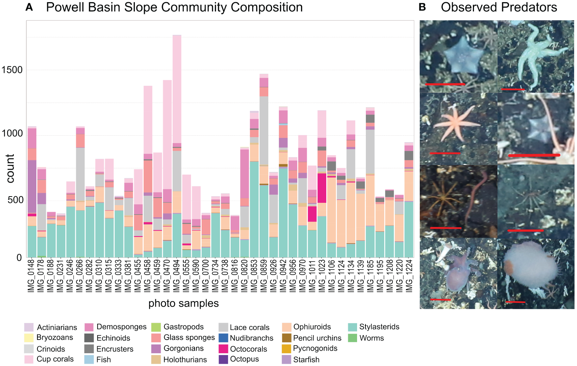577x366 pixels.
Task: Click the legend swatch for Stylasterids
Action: [x=352, y=327]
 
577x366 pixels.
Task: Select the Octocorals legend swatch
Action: [x=223, y=349]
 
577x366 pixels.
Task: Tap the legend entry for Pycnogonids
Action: [x=286, y=349]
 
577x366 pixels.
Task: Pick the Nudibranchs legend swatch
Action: [x=223, y=338]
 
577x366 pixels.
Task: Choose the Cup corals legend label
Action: [x=55, y=359]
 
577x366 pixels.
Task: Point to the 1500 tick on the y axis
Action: [x=12, y=70]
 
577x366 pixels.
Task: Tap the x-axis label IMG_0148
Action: [x=32, y=276]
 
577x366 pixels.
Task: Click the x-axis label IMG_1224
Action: [x=409, y=276]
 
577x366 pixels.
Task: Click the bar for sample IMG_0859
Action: [x=264, y=165]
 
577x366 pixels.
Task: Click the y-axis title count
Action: [x=10, y=168]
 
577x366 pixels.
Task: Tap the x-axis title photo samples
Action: [x=183, y=303]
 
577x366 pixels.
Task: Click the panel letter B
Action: [x=422, y=7]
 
